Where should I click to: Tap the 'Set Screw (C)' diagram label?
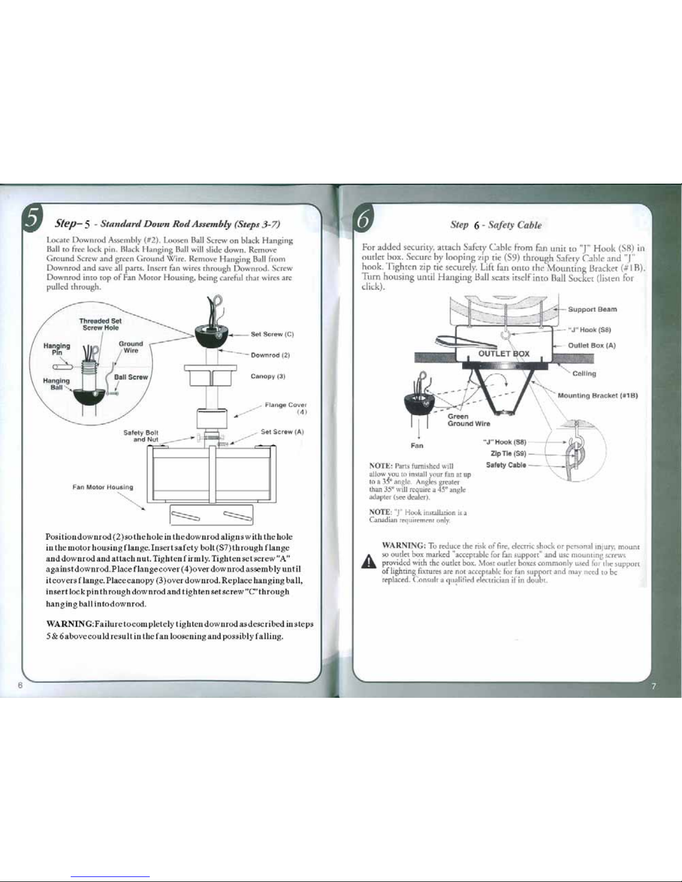tap(272, 334)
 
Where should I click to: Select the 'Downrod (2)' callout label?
tap(271, 355)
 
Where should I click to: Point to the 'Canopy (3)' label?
tap(268, 376)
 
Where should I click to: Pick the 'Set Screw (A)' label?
tap(282, 432)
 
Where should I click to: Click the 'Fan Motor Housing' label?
tap(103, 487)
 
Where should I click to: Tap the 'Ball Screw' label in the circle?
tap(131, 377)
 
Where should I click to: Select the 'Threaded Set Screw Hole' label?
tap(100, 324)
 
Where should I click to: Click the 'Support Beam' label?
tap(592, 309)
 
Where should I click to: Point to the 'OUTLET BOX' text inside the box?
tap(504, 353)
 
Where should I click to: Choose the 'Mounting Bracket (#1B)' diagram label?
tap(597, 396)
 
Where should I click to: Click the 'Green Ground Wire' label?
tap(469, 420)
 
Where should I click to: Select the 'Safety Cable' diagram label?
tap(506, 465)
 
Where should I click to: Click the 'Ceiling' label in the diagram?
tap(584, 373)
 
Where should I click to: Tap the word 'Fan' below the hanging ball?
tap(416, 445)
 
